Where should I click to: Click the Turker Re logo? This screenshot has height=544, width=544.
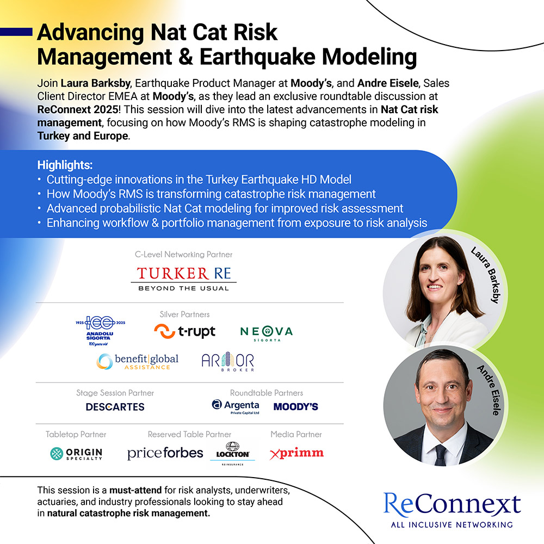[183, 279]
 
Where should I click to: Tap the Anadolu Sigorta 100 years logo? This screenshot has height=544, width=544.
[100, 331]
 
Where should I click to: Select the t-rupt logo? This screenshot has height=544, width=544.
[184, 331]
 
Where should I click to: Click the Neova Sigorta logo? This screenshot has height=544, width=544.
[267, 333]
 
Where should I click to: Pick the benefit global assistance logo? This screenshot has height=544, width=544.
[138, 362]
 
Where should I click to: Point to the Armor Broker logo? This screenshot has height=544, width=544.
[227, 362]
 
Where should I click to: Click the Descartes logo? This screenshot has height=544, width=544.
[115, 406]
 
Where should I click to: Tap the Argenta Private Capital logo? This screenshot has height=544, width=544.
[236, 407]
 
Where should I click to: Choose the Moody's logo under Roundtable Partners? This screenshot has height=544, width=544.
[295, 406]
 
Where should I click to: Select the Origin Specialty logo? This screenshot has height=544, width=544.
[76, 454]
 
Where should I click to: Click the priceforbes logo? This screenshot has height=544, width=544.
[165, 453]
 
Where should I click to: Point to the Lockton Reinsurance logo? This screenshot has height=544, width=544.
[232, 454]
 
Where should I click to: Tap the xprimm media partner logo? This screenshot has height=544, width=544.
[296, 453]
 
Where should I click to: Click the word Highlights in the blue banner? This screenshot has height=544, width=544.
[65, 165]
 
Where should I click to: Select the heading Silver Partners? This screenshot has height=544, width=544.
[184, 314]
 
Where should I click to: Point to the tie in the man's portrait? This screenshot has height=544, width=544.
[441, 455]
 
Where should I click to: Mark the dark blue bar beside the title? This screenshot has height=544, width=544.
[16, 32]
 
